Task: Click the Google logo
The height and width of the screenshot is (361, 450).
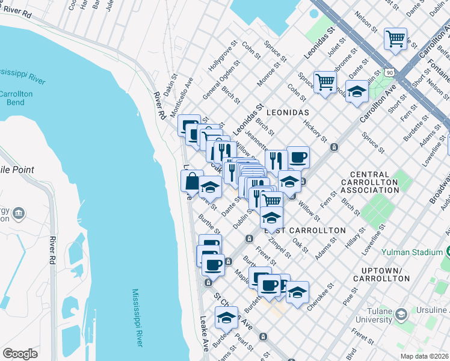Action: tap(20, 354)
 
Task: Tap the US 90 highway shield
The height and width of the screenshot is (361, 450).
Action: tap(392, 72)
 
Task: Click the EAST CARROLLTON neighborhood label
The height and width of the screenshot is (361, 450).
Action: tap(306, 230)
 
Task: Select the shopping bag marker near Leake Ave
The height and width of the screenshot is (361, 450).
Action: tap(191, 180)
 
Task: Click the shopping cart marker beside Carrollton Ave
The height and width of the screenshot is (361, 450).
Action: tap(395, 39)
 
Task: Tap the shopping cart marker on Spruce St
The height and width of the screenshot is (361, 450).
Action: tap(325, 81)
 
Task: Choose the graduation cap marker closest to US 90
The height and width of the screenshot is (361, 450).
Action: tap(357, 91)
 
